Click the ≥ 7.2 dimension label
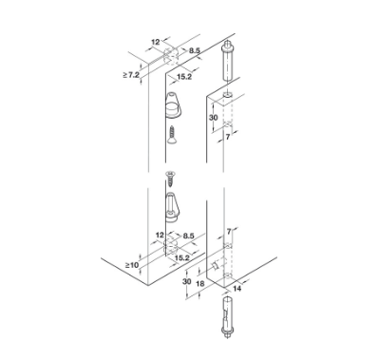click(131, 75)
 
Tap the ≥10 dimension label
click(132, 265)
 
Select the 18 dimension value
click(200, 283)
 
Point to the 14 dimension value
click(236, 289)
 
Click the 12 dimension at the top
click(156, 42)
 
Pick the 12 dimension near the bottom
click(161, 235)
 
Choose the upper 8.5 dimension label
click(195, 50)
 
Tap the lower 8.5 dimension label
click(188, 236)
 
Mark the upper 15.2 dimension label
click(184, 77)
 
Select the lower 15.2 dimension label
click(181, 258)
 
